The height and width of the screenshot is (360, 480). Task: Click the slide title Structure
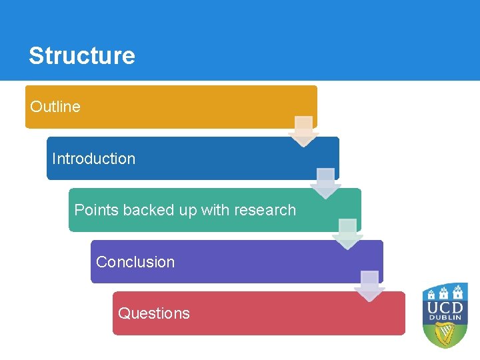point(81,55)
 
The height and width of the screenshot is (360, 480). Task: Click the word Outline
point(55,107)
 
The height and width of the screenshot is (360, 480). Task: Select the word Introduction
point(93,159)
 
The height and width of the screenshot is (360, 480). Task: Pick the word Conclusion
point(135,262)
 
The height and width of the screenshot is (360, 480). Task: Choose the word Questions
point(154,313)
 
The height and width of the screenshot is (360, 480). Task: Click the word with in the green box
point(215,210)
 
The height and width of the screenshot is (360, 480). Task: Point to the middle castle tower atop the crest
point(445,292)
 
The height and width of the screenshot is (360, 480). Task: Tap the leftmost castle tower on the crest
point(431,293)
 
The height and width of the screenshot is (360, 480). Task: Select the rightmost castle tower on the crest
point(459,292)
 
